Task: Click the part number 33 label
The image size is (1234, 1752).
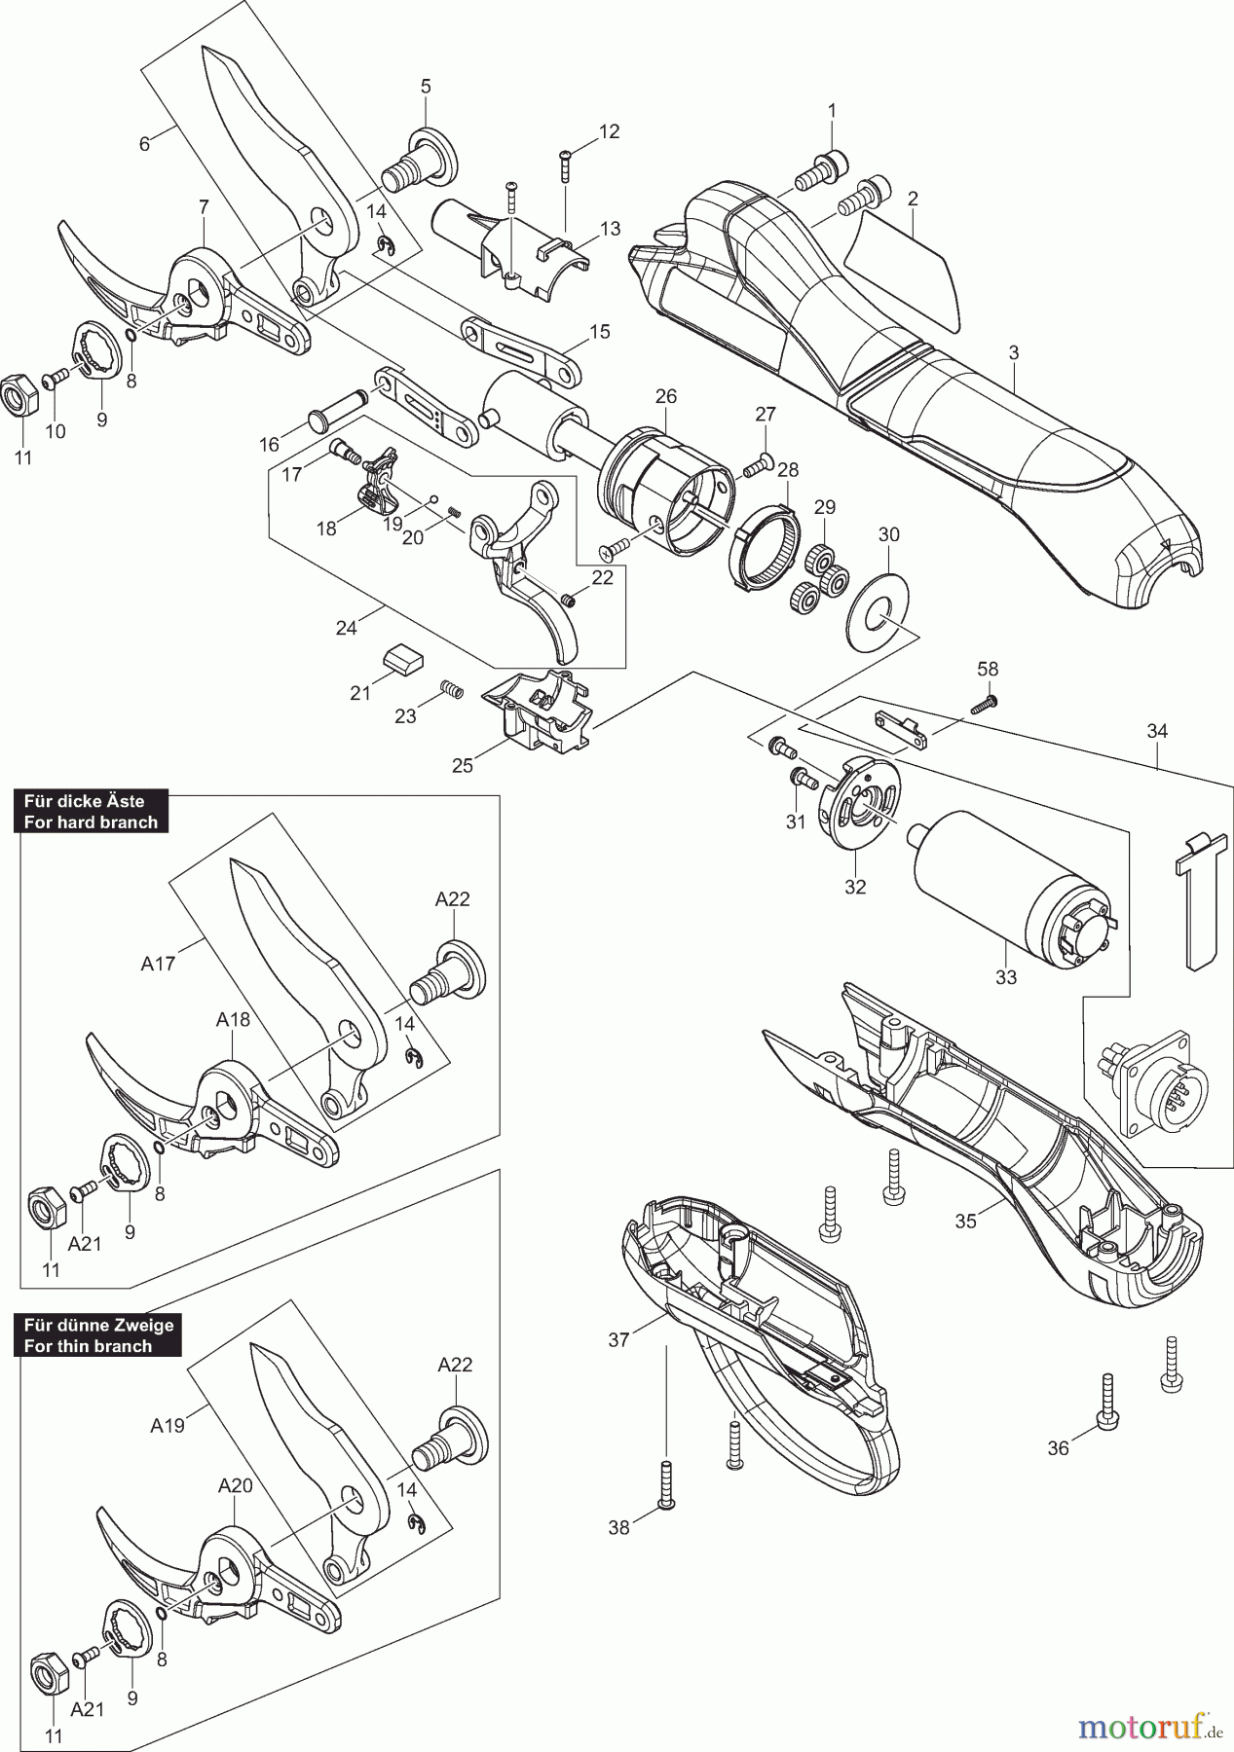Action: tap(1006, 976)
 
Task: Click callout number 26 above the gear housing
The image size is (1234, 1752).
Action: tap(666, 397)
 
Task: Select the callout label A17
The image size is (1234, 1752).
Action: tap(158, 965)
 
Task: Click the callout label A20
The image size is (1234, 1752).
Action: tap(236, 1486)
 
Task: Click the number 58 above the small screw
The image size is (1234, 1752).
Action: tap(989, 670)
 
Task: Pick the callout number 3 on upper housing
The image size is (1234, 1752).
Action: tap(1014, 353)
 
